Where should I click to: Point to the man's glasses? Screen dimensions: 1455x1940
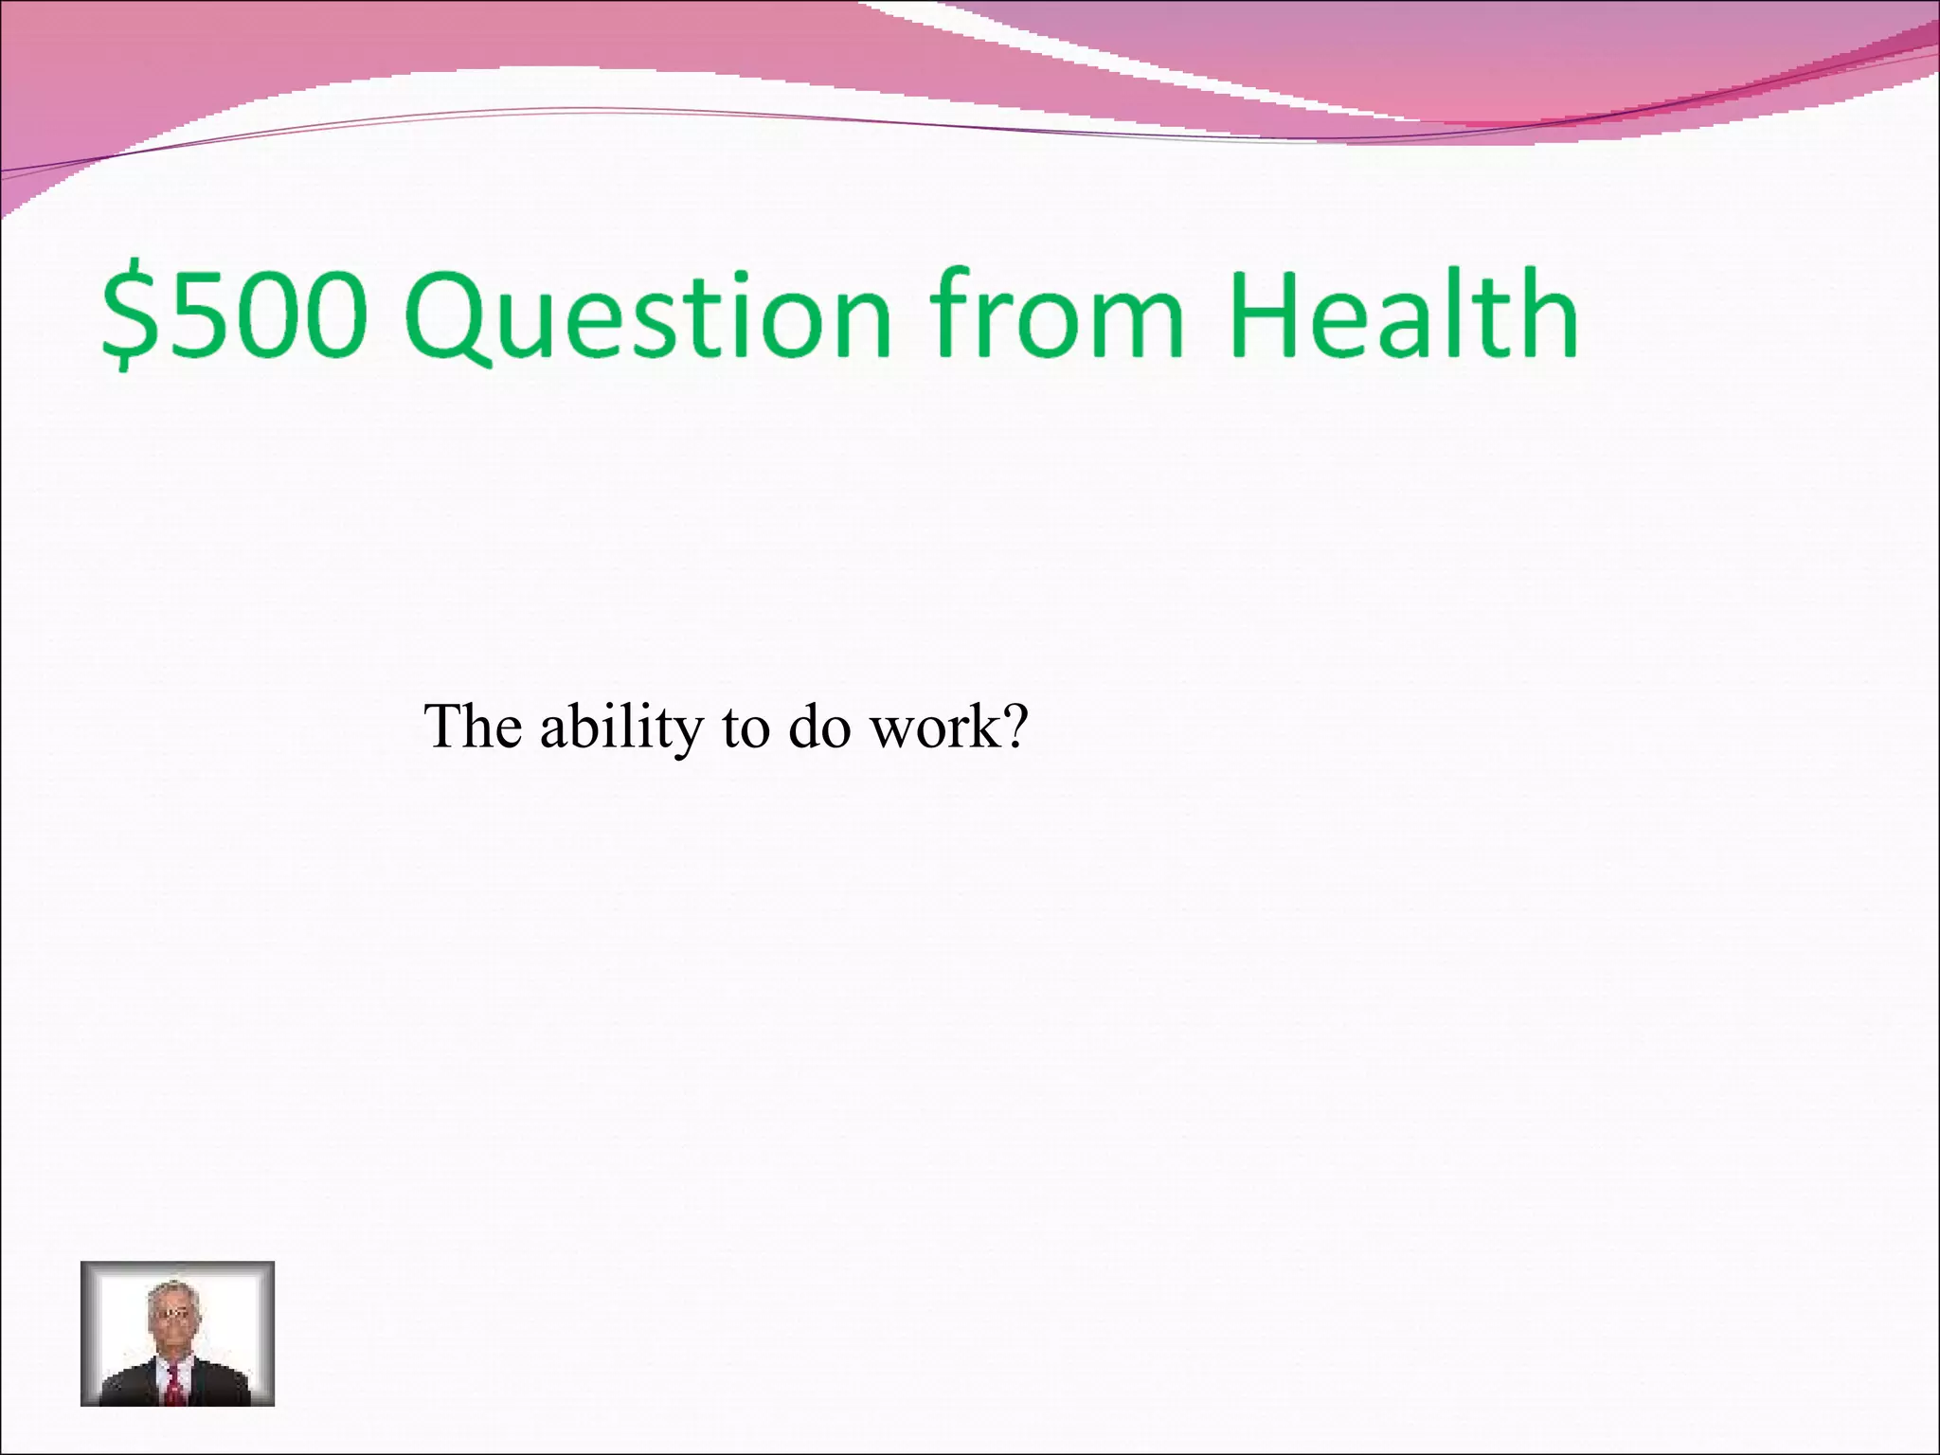(x=171, y=1314)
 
